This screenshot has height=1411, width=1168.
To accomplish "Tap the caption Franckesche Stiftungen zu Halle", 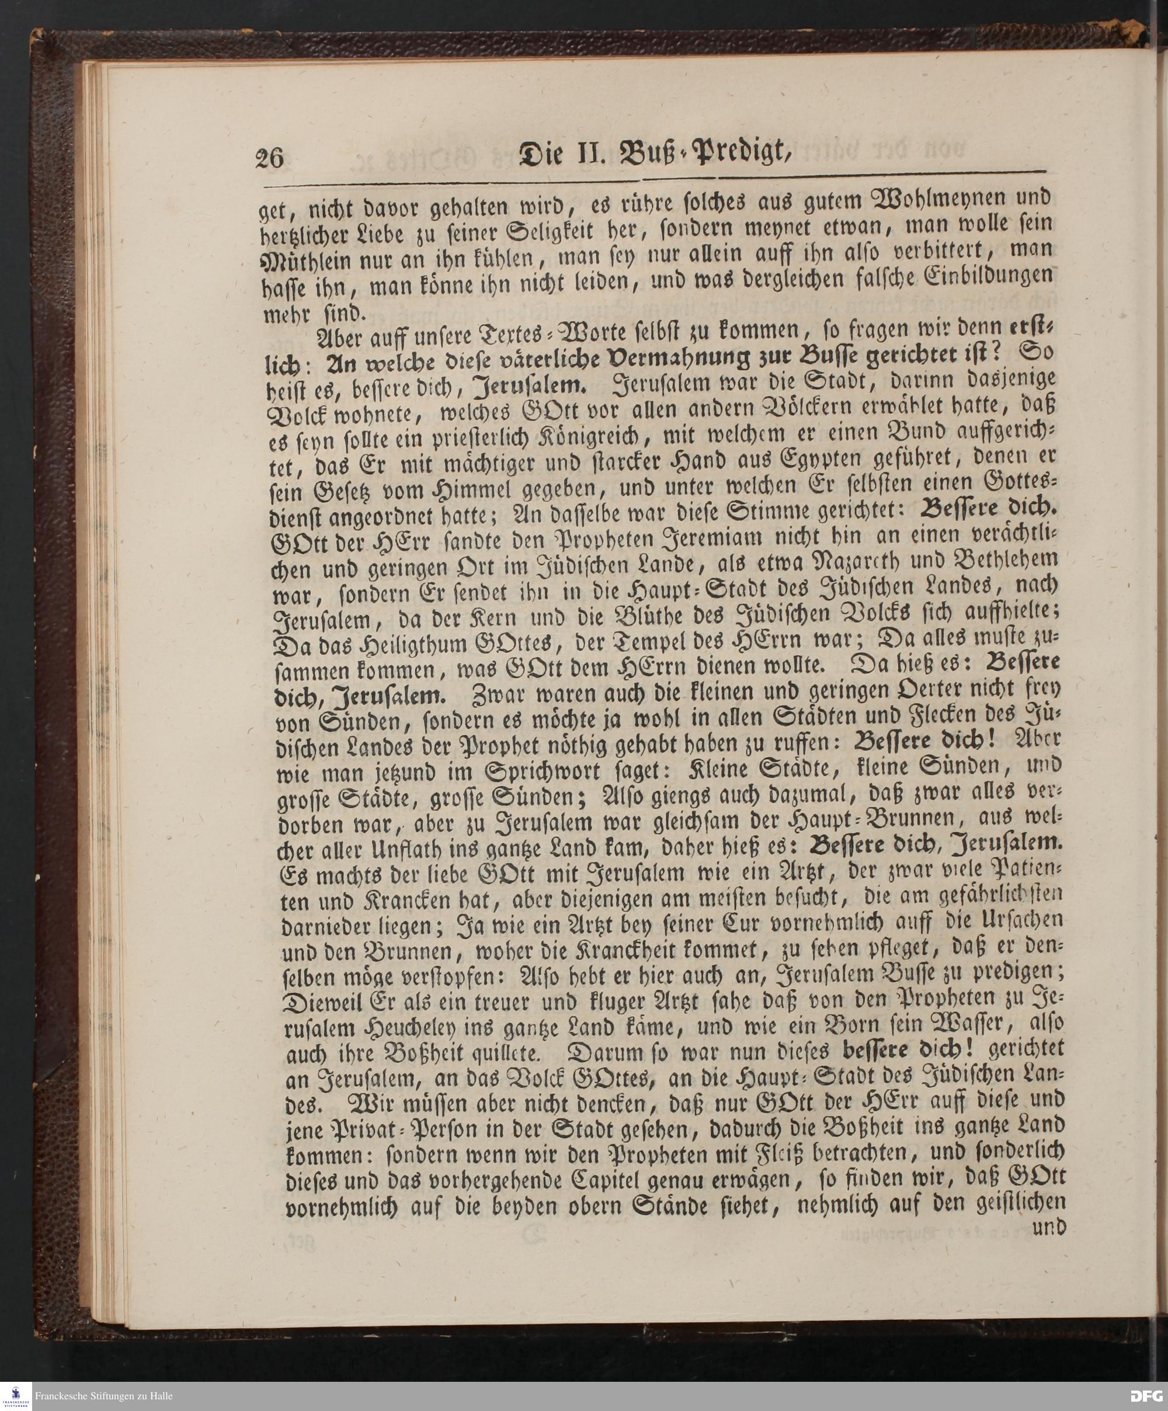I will pos(103,1396).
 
